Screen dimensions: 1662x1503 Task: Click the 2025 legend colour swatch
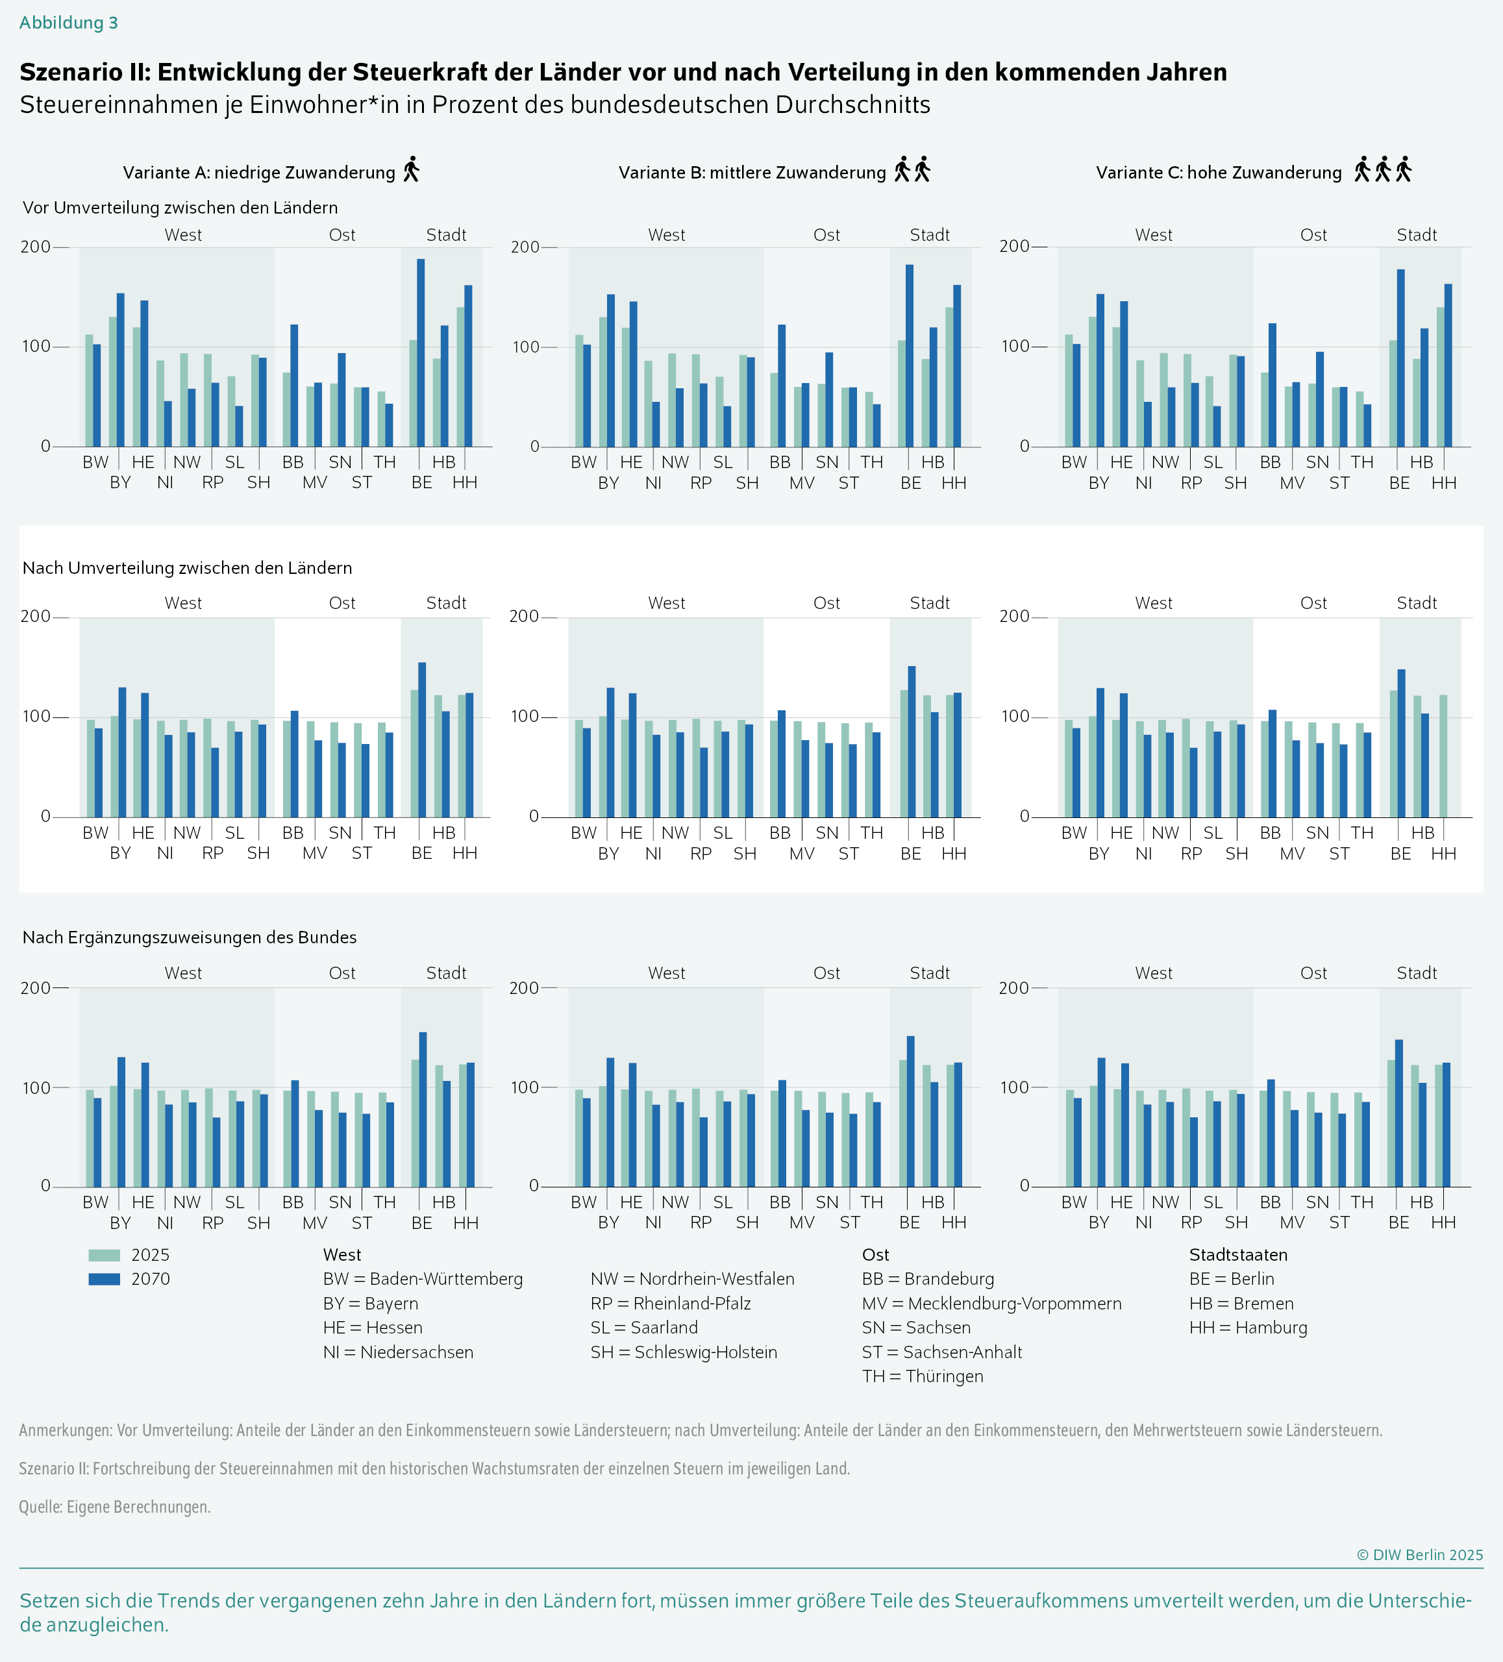coord(104,1256)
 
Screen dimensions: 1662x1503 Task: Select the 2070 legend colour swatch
coord(104,1280)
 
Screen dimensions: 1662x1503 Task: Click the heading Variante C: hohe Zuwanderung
coord(1218,172)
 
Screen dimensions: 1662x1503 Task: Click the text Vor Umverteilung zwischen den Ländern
coord(180,208)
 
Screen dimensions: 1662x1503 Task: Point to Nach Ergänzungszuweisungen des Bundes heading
coord(189,937)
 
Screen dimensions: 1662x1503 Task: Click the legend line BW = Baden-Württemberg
coord(422,1280)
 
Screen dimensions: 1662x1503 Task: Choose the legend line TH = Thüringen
coord(923,1376)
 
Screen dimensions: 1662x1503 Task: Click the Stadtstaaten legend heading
coord(1237,1255)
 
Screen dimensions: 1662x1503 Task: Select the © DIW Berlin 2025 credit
coord(1419,1555)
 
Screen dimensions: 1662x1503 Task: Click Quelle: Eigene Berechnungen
coord(115,1506)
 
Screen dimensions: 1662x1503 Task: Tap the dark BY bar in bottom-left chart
coord(121,1121)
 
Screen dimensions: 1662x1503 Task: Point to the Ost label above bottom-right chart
coord(1313,973)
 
